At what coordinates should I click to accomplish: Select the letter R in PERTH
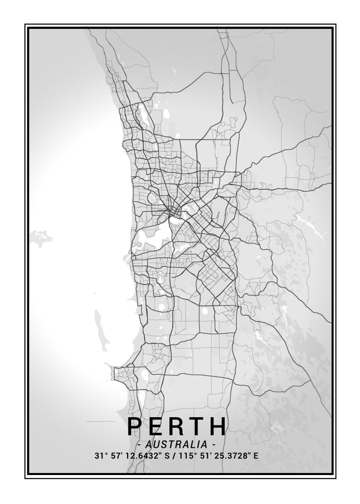177,426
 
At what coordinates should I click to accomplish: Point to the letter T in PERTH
197,426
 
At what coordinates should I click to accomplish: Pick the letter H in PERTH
218,426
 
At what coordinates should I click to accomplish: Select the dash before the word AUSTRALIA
139,444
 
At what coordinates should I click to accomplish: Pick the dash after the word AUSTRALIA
214,444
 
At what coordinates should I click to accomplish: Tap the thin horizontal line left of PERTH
100,421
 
